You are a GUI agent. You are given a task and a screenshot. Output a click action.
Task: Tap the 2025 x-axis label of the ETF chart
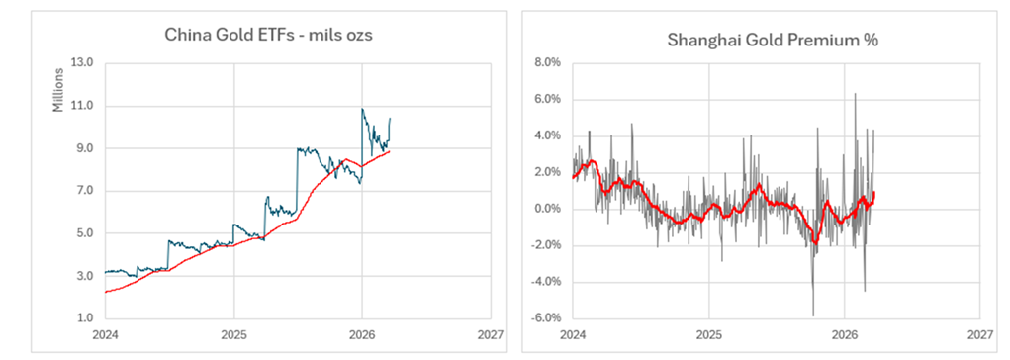232,335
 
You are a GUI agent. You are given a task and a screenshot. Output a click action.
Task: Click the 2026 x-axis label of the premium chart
844,335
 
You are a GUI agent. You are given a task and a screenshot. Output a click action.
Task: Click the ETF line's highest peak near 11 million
363,109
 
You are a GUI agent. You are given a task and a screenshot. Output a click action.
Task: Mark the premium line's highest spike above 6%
855,94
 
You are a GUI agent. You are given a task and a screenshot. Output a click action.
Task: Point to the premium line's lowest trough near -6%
813,315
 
